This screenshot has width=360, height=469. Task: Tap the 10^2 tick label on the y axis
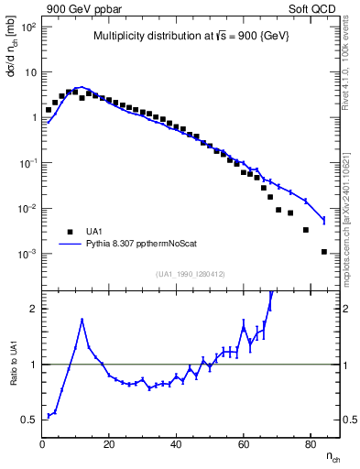coord(27,27)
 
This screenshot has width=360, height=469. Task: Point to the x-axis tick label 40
coord(176,444)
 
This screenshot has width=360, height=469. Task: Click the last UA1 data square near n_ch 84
coord(323,251)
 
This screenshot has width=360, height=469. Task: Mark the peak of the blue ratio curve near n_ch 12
coord(82,320)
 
